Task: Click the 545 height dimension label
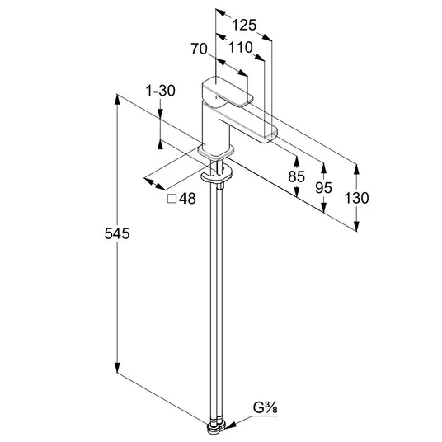click(117, 233)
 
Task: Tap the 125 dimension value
click(244, 25)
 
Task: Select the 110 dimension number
click(240, 48)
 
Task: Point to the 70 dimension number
click(199, 49)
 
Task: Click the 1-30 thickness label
click(160, 91)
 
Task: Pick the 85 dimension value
click(297, 176)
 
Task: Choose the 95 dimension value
click(323, 188)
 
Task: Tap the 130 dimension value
click(356, 198)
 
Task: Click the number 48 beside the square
click(187, 199)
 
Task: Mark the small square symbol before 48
click(172, 199)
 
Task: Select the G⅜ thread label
click(265, 408)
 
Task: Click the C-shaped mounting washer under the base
click(217, 175)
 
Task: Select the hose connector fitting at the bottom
click(216, 427)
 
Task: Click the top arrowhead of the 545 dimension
click(117, 99)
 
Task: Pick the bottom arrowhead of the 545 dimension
click(117, 368)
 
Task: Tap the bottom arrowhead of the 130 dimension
click(356, 226)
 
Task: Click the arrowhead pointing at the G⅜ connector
click(231, 426)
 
